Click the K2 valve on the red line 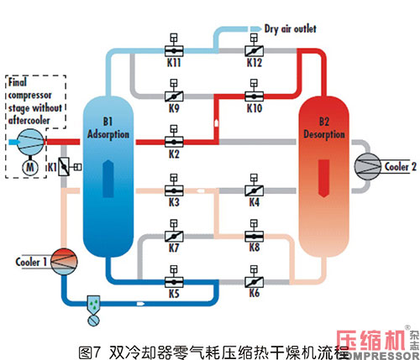tap(173, 139)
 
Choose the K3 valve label tap(173, 203)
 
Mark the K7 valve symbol tap(173, 236)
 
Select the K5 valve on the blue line tap(173, 281)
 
